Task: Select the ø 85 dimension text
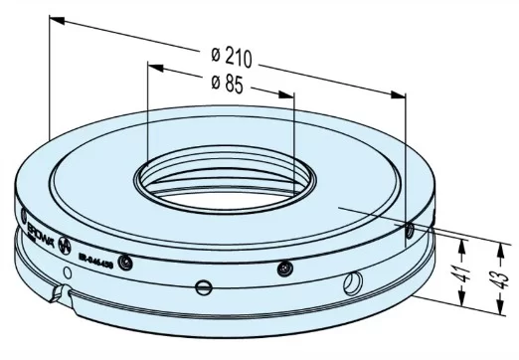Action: (228, 84)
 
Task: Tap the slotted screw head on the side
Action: (202, 288)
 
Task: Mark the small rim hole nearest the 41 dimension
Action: (408, 231)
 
